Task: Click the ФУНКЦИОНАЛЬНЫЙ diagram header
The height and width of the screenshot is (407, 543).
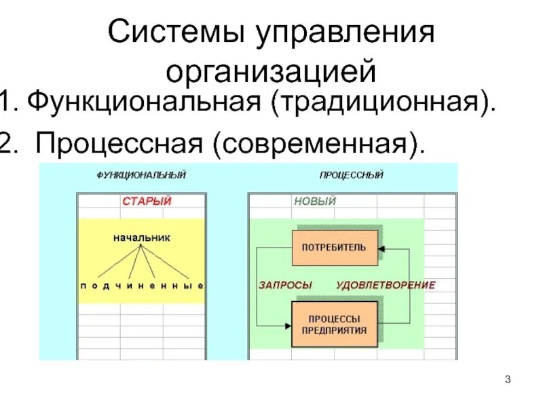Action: pyautogui.click(x=141, y=175)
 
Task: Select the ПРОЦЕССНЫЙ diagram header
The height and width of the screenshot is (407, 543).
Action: pyautogui.click(x=351, y=175)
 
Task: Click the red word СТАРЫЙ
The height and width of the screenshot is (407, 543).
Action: pyautogui.click(x=147, y=201)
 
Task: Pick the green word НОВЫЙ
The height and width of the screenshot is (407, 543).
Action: pyautogui.click(x=315, y=201)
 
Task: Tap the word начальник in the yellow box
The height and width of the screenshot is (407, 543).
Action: pyautogui.click(x=142, y=238)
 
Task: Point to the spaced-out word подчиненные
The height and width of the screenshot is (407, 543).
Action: pyautogui.click(x=142, y=286)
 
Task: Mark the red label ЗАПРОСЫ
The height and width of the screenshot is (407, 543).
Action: pyautogui.click(x=285, y=286)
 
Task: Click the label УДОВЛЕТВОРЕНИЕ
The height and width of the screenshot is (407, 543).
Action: pyautogui.click(x=386, y=286)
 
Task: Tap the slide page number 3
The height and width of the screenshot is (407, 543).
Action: pyautogui.click(x=508, y=378)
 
